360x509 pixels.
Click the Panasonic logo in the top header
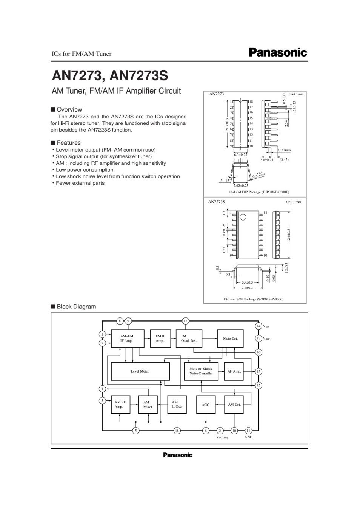(x=278, y=52)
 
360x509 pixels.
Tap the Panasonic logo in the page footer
(x=177, y=455)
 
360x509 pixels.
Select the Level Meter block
(x=140, y=371)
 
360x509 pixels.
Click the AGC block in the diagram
(x=205, y=405)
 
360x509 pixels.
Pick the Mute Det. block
(x=230, y=339)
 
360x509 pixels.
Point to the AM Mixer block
(x=148, y=405)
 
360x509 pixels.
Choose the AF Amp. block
(x=234, y=371)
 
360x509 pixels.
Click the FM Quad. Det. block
(x=189, y=339)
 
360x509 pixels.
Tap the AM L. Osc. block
(x=177, y=405)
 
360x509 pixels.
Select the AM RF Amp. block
(x=120, y=405)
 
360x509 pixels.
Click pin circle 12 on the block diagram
(x=185, y=321)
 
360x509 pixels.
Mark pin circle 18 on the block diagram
(x=177, y=431)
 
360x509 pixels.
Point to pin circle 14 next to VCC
(x=258, y=326)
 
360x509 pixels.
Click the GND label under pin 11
(x=248, y=437)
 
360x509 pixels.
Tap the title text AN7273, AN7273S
(x=110, y=76)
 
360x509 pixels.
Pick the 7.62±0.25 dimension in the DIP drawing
(x=241, y=186)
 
